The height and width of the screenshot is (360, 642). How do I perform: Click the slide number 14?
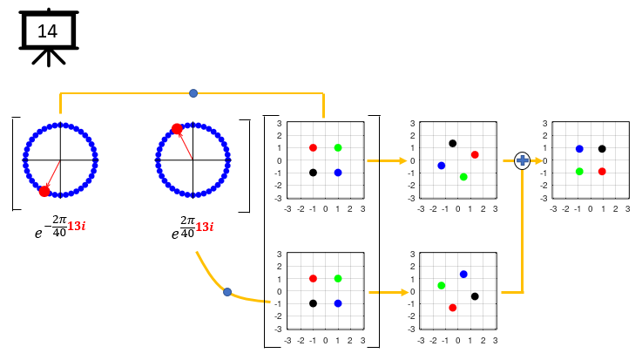(48, 31)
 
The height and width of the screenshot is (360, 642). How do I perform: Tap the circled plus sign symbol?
(523, 160)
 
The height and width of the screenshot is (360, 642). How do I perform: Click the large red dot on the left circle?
(44, 191)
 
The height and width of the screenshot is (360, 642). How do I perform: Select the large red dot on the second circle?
(177, 129)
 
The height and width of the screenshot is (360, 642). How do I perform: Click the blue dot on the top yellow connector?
(193, 92)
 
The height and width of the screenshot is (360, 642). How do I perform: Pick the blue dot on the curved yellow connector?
(227, 292)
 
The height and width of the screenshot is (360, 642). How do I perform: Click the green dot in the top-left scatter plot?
(338, 147)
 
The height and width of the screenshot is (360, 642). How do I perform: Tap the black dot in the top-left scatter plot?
(313, 173)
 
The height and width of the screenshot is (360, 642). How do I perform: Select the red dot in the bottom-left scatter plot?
(313, 278)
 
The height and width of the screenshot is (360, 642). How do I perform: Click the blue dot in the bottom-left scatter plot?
(338, 303)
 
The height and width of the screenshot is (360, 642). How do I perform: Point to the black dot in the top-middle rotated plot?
(453, 143)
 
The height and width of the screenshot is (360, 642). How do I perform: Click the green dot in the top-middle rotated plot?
(463, 177)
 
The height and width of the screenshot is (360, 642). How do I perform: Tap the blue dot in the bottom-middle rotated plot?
(463, 274)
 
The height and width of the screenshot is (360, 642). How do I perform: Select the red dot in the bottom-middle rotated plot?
(453, 308)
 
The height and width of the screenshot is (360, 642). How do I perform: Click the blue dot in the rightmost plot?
(579, 149)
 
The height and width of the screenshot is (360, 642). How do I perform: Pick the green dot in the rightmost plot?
(579, 172)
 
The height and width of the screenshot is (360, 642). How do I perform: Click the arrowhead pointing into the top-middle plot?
(402, 160)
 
